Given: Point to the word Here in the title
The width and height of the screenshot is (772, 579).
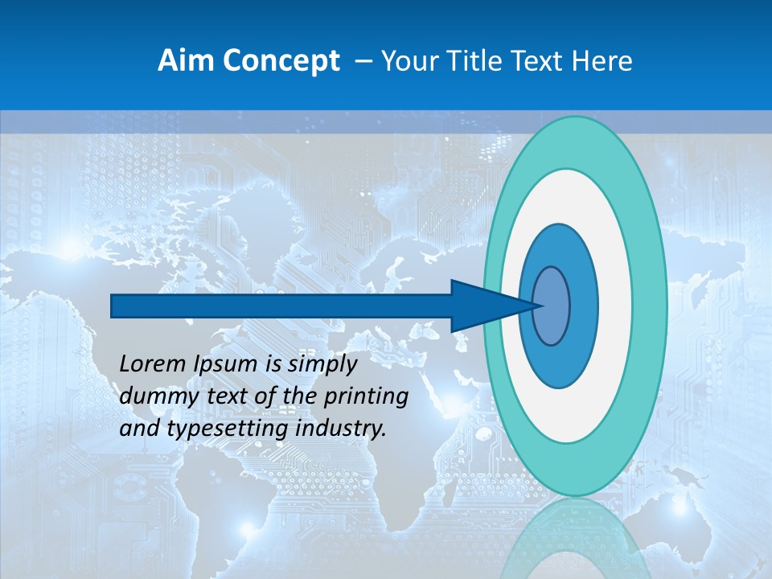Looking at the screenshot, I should [602, 61].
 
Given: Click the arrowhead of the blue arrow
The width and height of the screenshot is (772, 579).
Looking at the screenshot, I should [482, 306].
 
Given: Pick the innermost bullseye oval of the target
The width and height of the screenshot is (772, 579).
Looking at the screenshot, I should [552, 306].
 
